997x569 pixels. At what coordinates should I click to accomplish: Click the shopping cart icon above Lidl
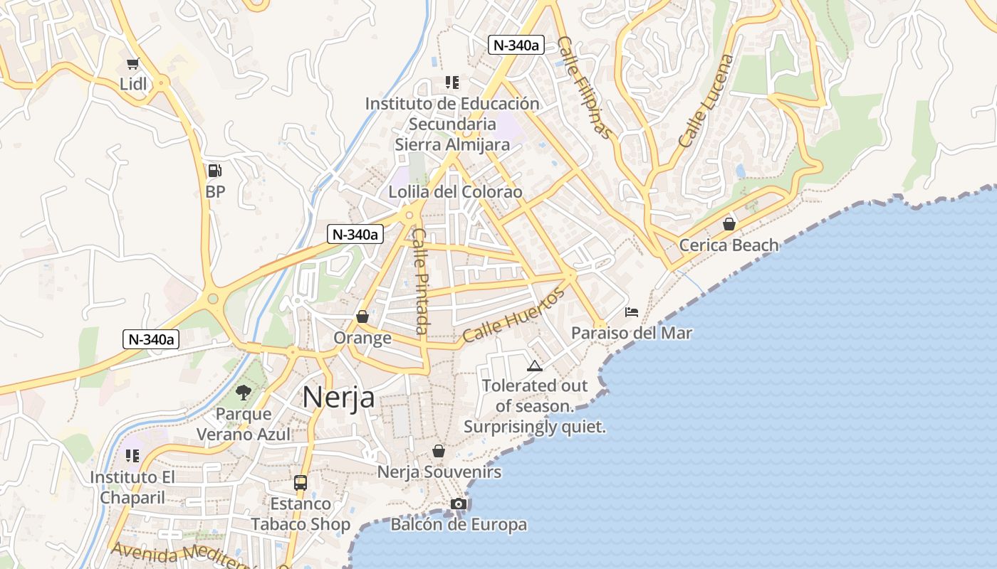tap(133, 64)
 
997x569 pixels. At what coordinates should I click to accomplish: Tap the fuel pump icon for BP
tap(214, 171)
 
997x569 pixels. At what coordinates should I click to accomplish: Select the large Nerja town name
tap(338, 397)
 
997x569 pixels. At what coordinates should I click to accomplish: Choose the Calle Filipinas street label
tap(585, 87)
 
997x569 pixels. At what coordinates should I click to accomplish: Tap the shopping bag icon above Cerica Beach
tap(729, 225)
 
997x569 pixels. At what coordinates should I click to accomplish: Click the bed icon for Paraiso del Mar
tap(632, 312)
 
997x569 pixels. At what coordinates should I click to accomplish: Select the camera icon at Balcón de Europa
tap(459, 504)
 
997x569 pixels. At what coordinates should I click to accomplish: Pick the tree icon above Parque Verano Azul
tap(244, 392)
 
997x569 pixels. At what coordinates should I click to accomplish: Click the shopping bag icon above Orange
tap(362, 317)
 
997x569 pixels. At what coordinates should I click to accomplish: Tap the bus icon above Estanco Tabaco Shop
tap(301, 483)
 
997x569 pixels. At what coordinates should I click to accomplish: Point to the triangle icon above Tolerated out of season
tap(534, 366)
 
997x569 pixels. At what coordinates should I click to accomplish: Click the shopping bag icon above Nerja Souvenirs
tap(439, 451)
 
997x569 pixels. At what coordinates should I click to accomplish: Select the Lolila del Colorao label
tap(455, 192)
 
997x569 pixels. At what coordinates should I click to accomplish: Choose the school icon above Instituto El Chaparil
tap(132, 455)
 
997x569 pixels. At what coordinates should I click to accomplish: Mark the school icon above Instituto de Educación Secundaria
tap(451, 83)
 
